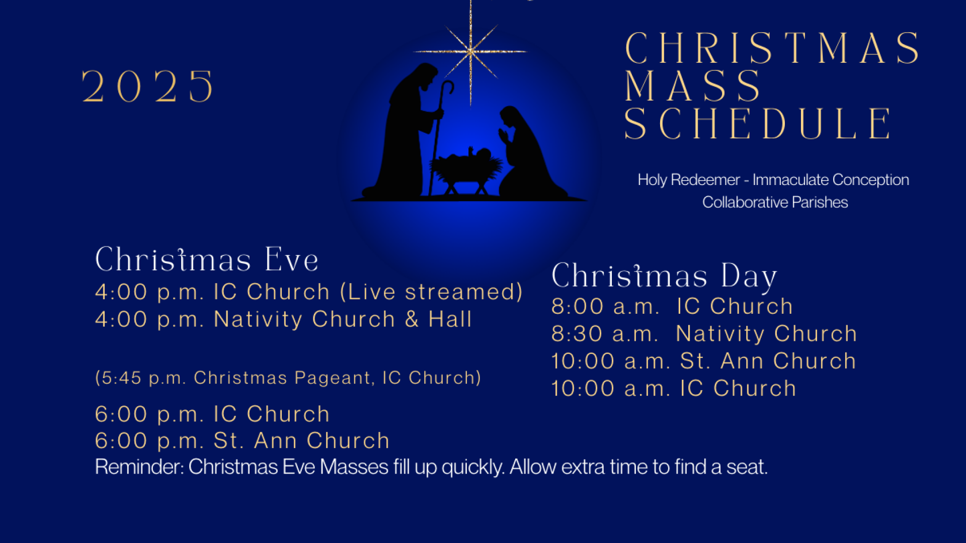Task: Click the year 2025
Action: pyautogui.click(x=148, y=86)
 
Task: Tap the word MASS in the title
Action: pyautogui.click(x=693, y=86)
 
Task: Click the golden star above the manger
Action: pyautogui.click(x=470, y=51)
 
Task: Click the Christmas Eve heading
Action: pyautogui.click(x=207, y=260)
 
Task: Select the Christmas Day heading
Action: pyautogui.click(x=664, y=277)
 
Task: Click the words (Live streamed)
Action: pyautogui.click(x=432, y=292)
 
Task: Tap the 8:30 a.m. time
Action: pyautogui.click(x=605, y=334)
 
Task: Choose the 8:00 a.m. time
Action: pyautogui.click(x=605, y=307)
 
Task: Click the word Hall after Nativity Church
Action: pyautogui.click(x=450, y=319)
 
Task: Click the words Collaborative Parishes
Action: pyautogui.click(x=775, y=202)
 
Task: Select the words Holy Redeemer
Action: pyautogui.click(x=688, y=179)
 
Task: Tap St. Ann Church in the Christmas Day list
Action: pyautogui.click(x=768, y=361)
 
